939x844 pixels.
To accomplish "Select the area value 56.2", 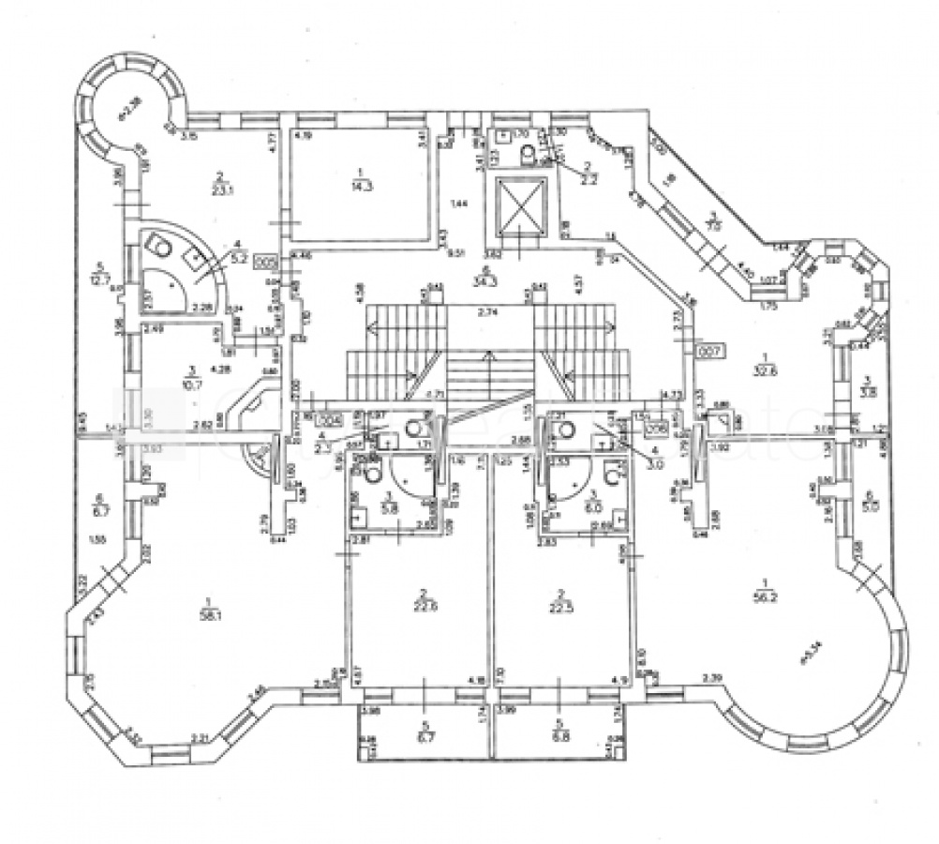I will pyautogui.click(x=768, y=593).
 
